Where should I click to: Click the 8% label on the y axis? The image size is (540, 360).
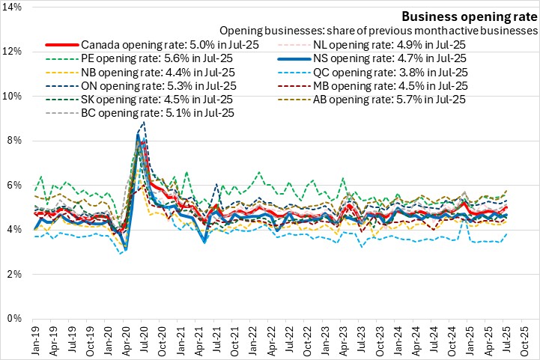(x=17, y=141)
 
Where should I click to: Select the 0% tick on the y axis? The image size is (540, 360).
(x=17, y=319)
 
